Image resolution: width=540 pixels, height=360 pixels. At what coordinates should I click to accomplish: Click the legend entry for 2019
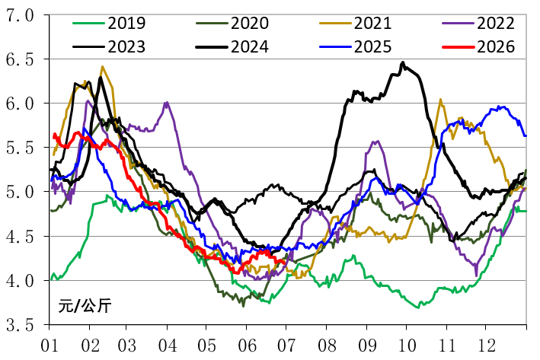tap(109, 23)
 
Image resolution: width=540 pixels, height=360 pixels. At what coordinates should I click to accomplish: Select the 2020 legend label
tap(232, 23)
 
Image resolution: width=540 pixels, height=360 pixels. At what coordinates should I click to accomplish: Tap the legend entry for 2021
tap(356, 23)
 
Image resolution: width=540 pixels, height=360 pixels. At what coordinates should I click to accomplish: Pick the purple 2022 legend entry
tap(478, 23)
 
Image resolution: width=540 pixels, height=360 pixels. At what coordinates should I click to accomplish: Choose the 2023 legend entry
tap(109, 46)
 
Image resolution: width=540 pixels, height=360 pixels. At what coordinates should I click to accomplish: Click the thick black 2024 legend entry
tap(232, 46)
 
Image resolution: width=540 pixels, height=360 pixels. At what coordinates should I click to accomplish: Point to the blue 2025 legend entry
tap(356, 46)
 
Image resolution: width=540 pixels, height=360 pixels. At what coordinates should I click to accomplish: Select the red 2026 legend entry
tap(478, 46)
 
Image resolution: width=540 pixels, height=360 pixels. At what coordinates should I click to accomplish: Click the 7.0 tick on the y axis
tap(20, 15)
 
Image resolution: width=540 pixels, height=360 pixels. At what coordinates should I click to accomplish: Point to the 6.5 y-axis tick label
tap(20, 59)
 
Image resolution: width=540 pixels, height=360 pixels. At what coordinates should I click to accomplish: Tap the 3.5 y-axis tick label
tap(20, 325)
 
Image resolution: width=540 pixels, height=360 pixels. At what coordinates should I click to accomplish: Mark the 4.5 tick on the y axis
tap(20, 237)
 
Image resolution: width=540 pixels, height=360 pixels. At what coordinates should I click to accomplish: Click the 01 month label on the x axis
tap(50, 346)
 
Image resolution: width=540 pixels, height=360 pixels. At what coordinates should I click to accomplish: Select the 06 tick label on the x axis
tap(247, 346)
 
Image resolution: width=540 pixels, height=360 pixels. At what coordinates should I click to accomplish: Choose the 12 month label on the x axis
tap(487, 346)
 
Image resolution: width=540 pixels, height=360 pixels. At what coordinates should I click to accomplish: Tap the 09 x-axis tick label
tap(367, 346)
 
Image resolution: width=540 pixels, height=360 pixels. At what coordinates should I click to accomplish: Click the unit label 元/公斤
tap(85, 305)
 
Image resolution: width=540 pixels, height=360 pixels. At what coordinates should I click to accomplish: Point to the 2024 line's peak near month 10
tap(403, 62)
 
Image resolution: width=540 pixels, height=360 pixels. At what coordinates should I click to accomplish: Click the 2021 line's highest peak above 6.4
tap(102, 66)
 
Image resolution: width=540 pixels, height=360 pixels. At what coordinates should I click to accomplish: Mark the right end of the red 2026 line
tap(284, 264)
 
